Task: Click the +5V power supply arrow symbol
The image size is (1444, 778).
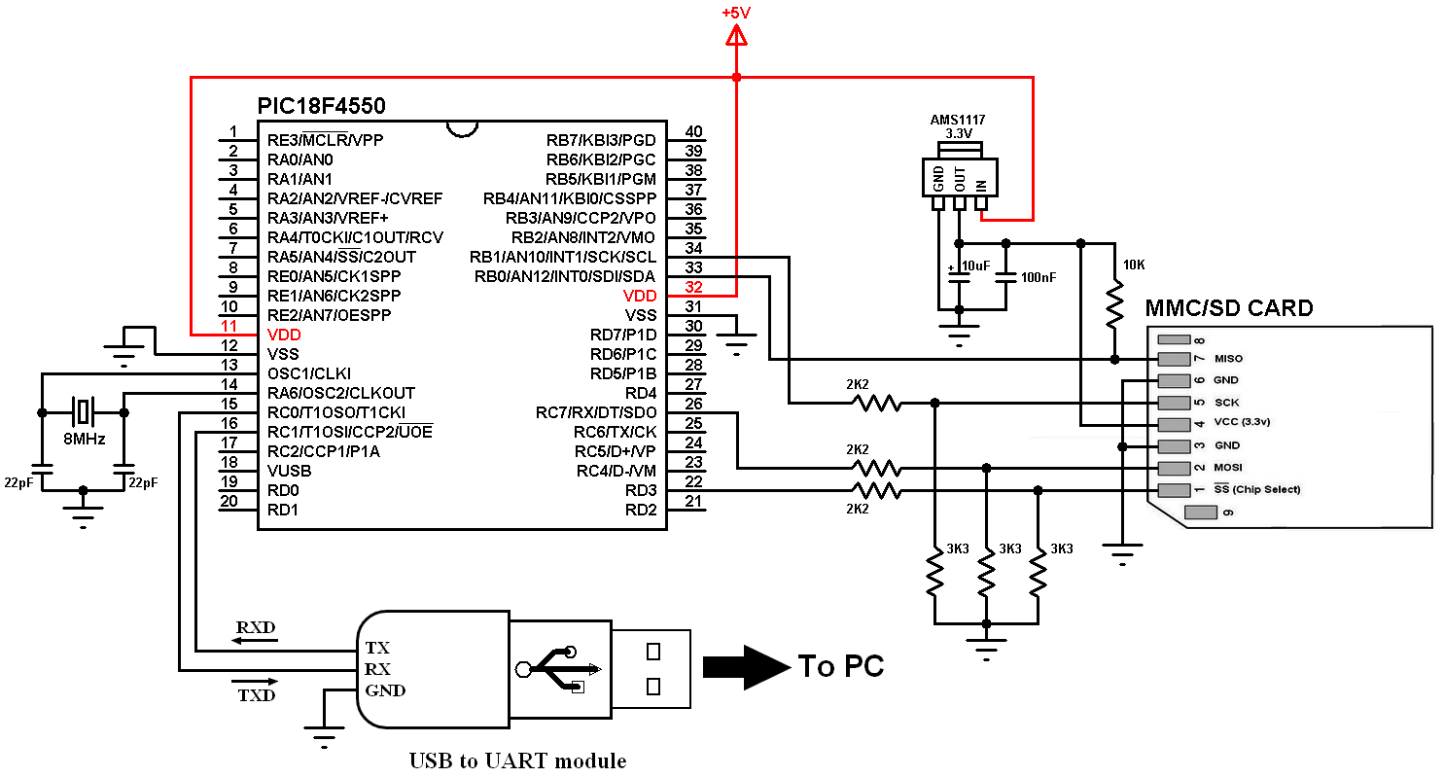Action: (736, 37)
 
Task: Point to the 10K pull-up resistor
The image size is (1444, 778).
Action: (1115, 305)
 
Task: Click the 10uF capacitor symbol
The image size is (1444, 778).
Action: (959, 276)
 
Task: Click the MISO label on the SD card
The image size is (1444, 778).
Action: (1228, 359)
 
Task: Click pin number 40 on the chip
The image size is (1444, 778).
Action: (693, 132)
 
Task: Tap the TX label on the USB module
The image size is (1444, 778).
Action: (377, 647)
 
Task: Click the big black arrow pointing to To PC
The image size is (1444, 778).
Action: (745, 665)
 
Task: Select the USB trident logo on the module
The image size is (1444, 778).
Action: (561, 669)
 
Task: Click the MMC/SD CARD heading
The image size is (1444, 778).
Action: (1228, 308)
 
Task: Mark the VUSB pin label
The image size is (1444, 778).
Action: (290, 471)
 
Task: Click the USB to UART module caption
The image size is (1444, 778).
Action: (517, 760)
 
